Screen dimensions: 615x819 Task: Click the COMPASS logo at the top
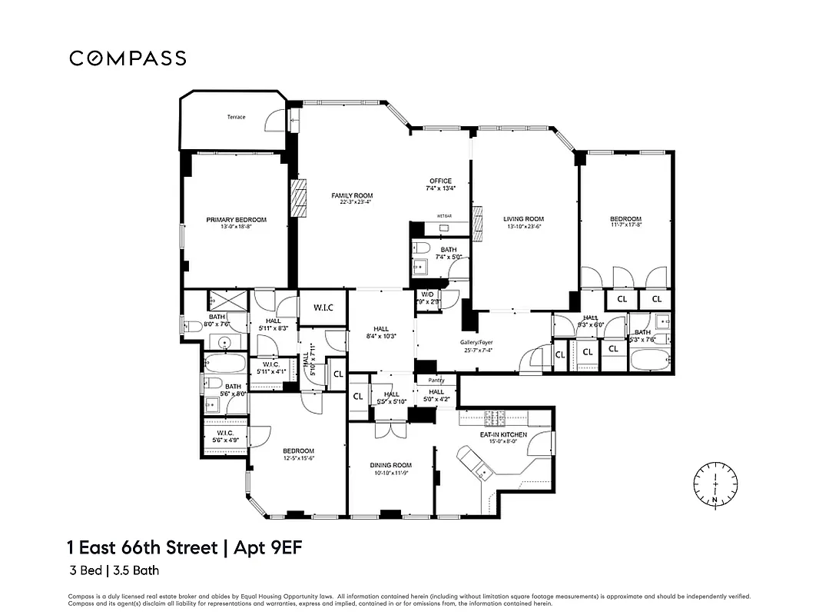coord(128,58)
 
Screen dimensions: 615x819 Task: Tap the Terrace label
coord(236,117)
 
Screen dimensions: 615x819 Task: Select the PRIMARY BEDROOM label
coord(236,220)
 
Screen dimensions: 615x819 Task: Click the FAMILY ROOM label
coord(352,195)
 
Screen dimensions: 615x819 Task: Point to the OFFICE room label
coord(440,181)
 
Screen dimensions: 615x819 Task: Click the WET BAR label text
coord(444,216)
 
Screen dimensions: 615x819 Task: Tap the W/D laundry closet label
coord(427,294)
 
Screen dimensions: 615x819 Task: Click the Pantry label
coord(436,380)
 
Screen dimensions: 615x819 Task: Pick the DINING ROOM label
coord(390,465)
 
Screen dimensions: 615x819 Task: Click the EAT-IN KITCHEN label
coord(503,435)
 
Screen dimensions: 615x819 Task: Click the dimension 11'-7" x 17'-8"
coord(625,225)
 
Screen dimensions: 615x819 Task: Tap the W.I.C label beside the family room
coord(323,308)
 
